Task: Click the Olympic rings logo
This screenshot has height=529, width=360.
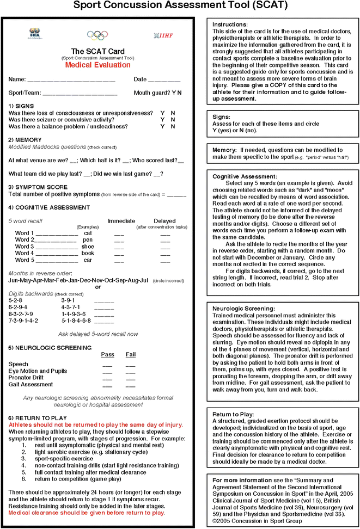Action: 98,35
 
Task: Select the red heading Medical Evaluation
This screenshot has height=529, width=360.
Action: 98,65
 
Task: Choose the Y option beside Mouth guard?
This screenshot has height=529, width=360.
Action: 174,93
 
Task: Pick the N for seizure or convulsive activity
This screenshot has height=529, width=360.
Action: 173,120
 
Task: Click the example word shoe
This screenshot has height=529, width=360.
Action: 87,247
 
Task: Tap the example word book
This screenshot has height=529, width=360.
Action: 88,253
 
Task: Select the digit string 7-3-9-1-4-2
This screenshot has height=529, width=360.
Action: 23,321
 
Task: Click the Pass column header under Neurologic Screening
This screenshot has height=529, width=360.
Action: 107,354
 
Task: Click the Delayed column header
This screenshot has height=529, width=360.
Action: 164,221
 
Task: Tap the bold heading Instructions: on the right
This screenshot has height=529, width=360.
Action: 230,24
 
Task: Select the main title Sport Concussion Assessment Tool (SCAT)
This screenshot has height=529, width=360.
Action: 180,7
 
